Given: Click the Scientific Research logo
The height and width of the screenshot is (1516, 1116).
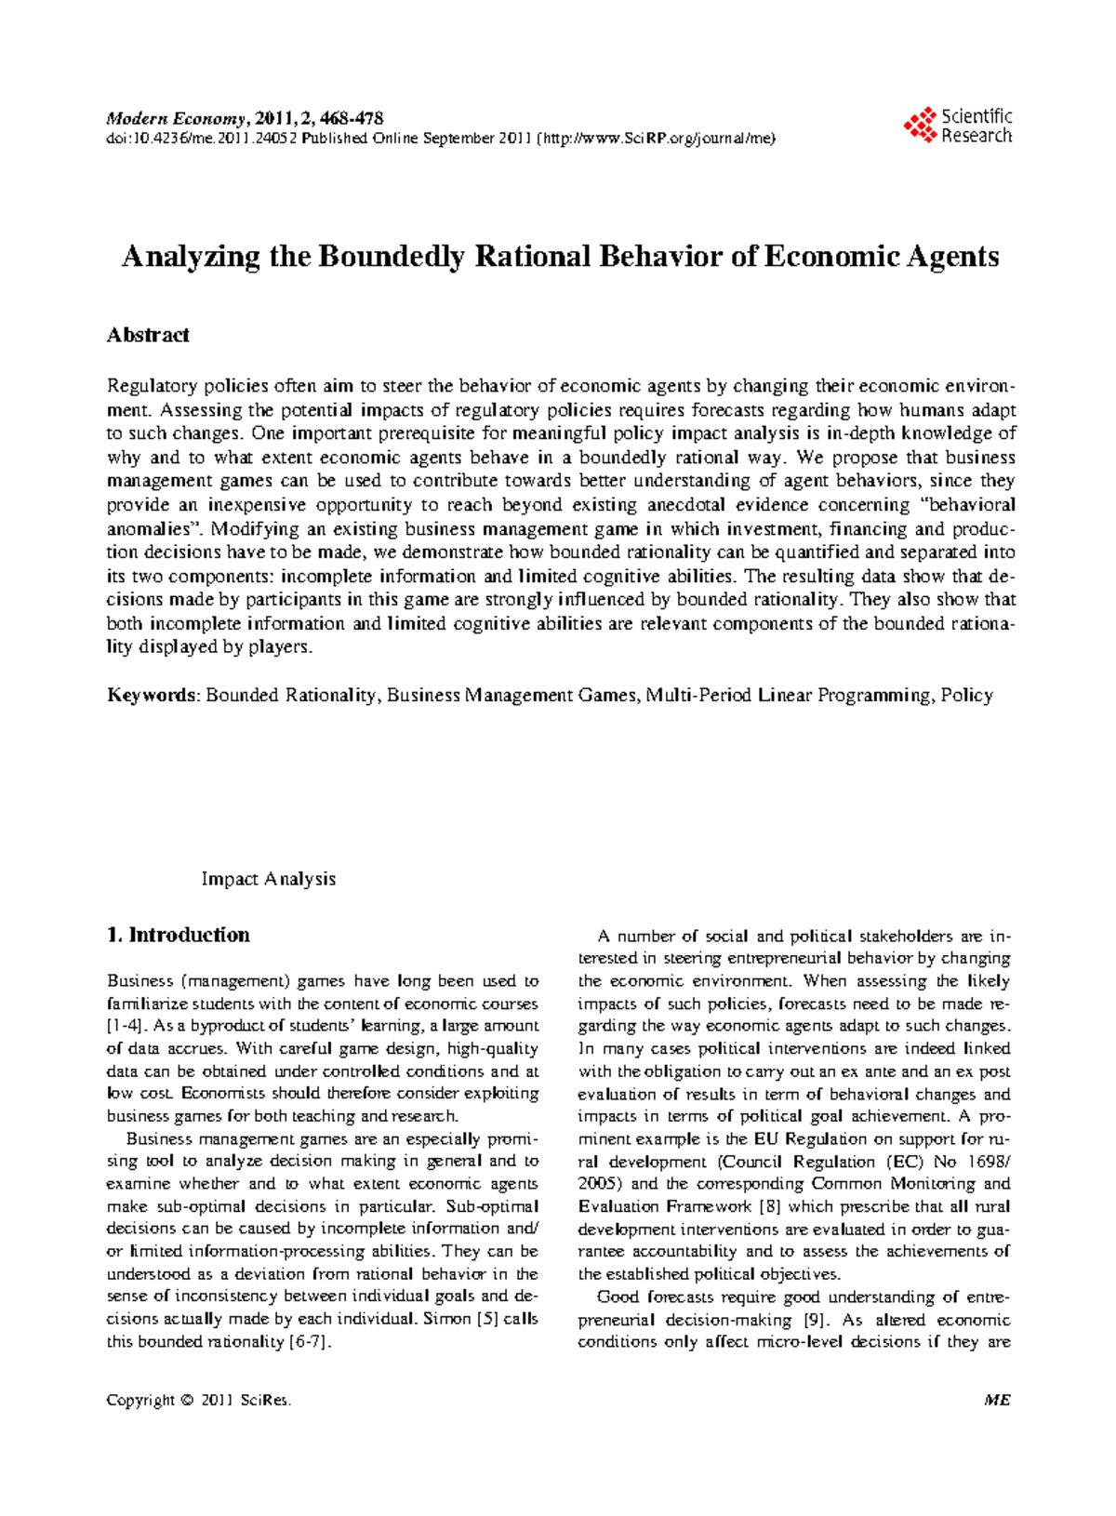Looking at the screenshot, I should [958, 126].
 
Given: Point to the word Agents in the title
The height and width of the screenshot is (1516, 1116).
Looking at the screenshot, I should [950, 257].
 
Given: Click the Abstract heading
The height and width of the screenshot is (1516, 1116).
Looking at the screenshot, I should [148, 335].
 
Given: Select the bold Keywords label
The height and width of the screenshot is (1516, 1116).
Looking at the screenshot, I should [152, 695].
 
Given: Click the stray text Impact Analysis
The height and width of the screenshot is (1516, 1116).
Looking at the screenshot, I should [268, 879].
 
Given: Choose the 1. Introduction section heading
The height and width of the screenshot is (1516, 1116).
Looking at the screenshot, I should [179, 935].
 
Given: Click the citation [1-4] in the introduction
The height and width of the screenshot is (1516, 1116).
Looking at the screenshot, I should [125, 1026].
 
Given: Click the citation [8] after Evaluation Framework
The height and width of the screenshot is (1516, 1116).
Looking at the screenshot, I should [770, 1206].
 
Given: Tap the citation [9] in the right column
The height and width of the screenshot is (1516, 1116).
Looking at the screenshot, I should [811, 1320].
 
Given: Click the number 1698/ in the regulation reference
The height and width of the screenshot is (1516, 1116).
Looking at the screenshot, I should [989, 1162].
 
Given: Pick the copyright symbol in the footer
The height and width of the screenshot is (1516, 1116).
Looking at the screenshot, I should [187, 1401].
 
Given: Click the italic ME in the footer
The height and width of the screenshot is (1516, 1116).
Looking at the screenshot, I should [997, 1401].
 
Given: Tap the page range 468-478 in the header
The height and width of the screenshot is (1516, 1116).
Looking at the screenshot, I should [352, 118].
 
